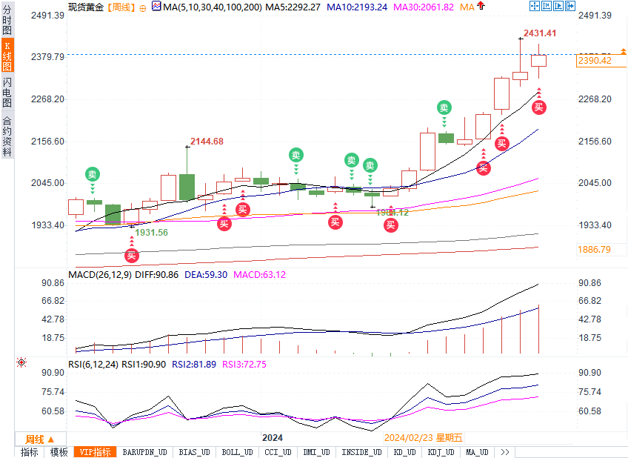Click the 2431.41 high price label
[539, 33]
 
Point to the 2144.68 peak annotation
[207, 141]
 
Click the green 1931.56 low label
[151, 232]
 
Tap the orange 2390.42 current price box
[595, 61]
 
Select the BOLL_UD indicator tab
[236, 452]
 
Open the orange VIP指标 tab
[94, 452]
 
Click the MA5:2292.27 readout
[295, 7]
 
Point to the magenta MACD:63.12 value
[259, 274]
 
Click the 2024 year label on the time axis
[273, 438]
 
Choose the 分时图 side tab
[7, 21]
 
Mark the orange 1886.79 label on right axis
[595, 250]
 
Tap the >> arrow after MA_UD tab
[504, 452]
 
